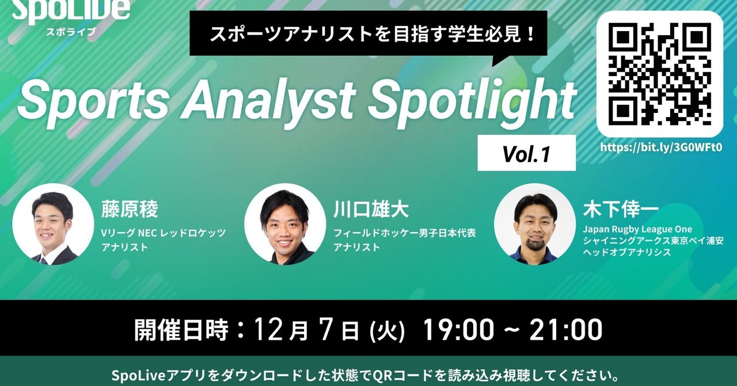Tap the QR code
point(659,73)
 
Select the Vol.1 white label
point(526,153)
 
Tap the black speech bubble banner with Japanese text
point(369,33)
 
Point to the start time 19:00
point(458,330)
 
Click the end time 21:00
point(567,330)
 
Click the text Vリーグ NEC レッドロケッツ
point(164,233)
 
